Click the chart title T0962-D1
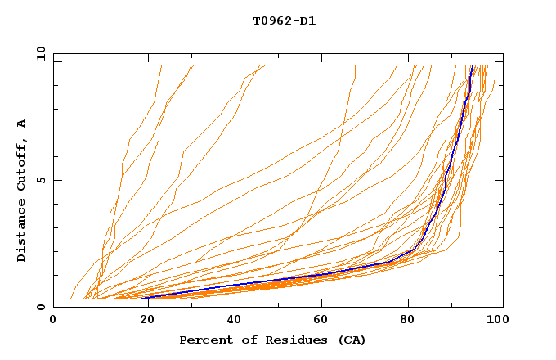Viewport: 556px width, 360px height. (284, 21)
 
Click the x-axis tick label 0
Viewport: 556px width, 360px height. (53, 322)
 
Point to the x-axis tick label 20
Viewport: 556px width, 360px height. (143, 322)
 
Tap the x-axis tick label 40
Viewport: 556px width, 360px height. (233, 322)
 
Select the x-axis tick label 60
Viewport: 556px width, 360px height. (322, 322)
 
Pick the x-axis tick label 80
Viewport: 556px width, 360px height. (412, 322)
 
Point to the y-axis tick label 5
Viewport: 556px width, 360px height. (39, 180)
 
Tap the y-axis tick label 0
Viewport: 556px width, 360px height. (39, 307)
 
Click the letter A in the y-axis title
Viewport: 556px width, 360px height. (21, 124)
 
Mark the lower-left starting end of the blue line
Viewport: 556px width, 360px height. (144, 298)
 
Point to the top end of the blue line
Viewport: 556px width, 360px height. (473, 66)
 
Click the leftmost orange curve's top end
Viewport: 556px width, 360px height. (162, 66)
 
